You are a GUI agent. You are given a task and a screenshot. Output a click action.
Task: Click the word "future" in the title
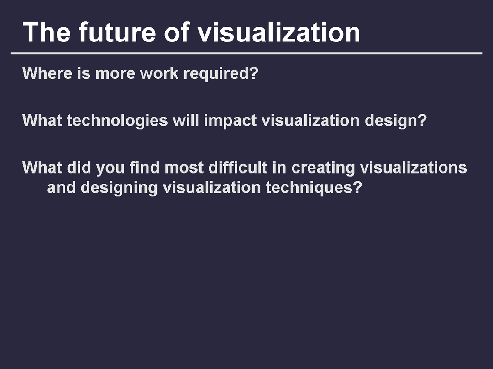(117, 32)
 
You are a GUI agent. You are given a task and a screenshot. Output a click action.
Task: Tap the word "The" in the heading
(47, 32)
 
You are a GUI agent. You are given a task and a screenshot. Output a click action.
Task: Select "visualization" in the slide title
(278, 32)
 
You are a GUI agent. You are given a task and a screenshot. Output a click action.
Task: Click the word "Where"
(47, 73)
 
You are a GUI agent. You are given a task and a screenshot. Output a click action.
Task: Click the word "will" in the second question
(186, 120)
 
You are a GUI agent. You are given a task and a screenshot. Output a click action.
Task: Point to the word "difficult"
(238, 167)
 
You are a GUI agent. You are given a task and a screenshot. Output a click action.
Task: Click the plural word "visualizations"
(413, 167)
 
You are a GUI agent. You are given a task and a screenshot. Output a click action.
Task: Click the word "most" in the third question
(184, 168)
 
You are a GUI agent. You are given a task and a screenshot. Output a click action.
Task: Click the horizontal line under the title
(246, 53)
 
